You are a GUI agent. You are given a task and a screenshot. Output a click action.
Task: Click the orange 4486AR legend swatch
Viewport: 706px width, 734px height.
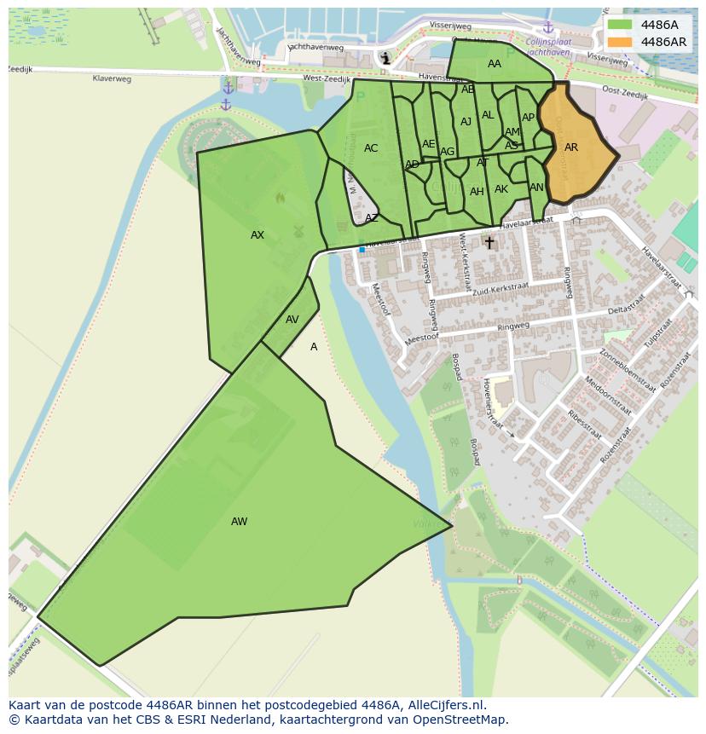[x=620, y=42]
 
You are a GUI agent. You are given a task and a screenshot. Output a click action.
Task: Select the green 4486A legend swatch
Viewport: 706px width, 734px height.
[x=620, y=25]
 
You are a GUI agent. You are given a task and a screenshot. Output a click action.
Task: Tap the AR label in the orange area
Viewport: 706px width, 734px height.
[x=571, y=147]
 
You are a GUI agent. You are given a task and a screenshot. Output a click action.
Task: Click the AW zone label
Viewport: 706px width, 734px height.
[x=239, y=522]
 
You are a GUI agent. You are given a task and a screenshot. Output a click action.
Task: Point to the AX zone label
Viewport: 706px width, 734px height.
[x=258, y=235]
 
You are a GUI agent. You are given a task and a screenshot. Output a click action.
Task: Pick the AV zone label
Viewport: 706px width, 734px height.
[x=292, y=320]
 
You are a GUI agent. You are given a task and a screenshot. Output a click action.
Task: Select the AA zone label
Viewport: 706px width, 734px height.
[x=495, y=64]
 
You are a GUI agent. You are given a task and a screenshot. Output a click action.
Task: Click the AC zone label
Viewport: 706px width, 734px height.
[x=371, y=148]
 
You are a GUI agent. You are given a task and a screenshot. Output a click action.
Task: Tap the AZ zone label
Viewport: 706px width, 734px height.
[x=372, y=218]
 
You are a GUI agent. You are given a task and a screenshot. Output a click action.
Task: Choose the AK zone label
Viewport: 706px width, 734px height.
[x=501, y=189]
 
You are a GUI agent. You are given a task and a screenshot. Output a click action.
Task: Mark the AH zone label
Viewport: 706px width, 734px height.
[x=477, y=192]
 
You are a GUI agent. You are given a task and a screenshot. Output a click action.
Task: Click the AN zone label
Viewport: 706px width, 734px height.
[x=536, y=188]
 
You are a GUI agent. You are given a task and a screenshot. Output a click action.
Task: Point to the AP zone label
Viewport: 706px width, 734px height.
[x=528, y=118]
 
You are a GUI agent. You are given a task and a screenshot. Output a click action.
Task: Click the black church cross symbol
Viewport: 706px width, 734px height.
[x=489, y=243]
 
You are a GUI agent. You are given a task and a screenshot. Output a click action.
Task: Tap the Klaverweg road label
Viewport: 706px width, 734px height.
[x=112, y=78]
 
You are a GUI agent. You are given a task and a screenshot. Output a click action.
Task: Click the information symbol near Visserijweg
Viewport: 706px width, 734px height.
[x=386, y=58]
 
